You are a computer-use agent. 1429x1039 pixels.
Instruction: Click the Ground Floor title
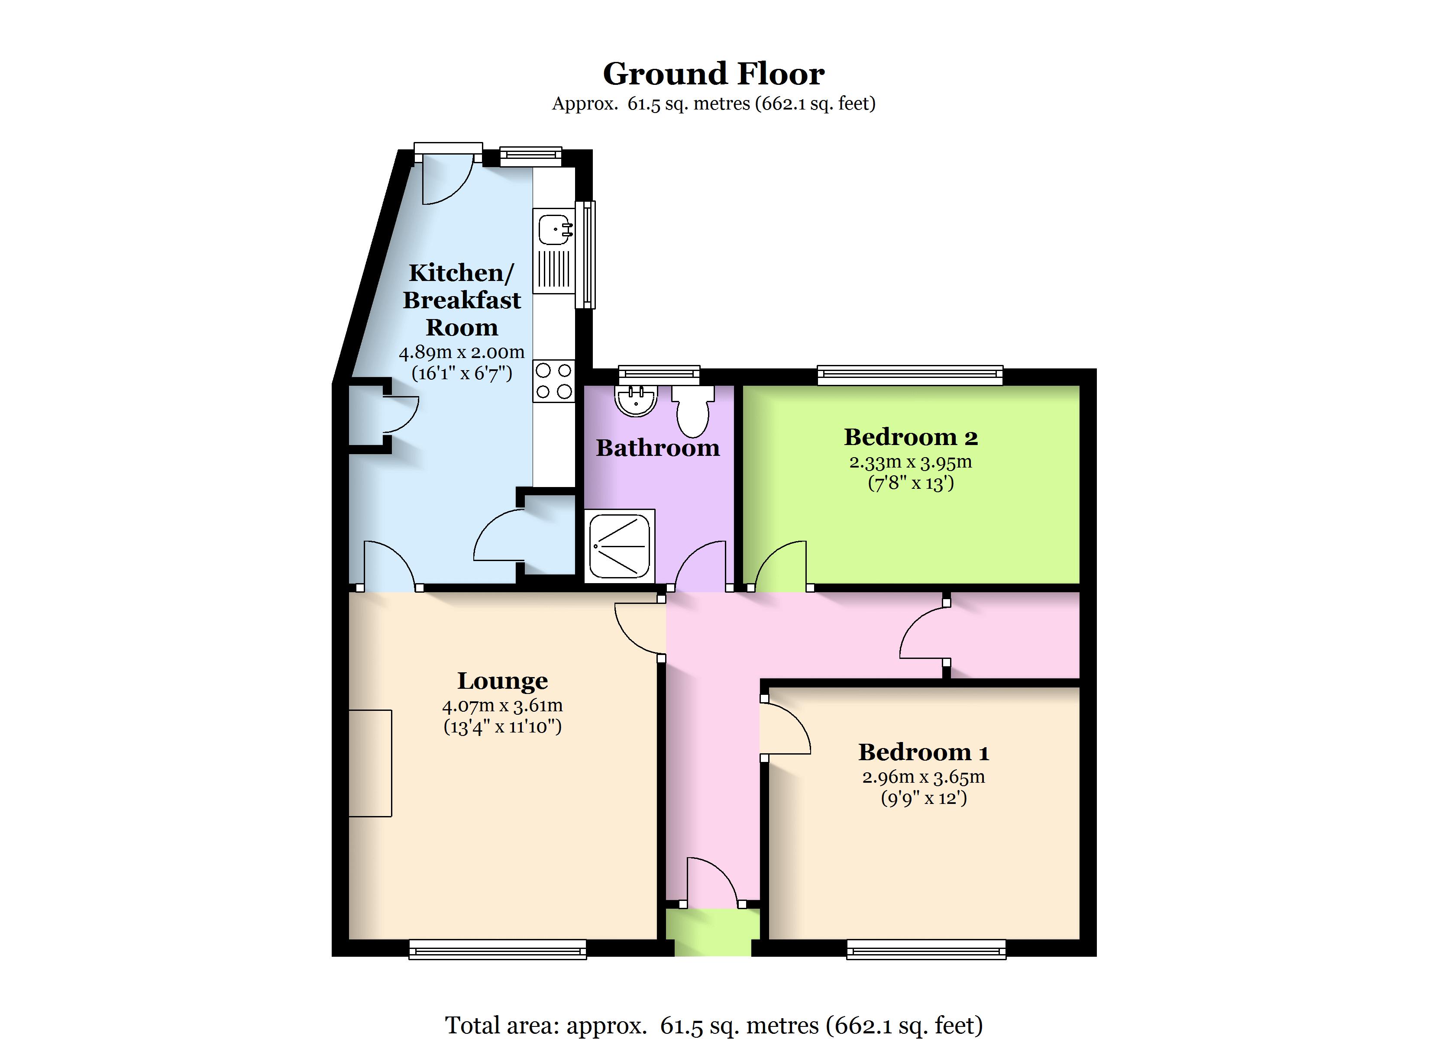pos(714,74)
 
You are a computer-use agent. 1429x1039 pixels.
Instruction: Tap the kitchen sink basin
pos(554,229)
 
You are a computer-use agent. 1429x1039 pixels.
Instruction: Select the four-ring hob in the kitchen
pos(554,381)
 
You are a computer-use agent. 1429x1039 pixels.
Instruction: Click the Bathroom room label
pos(658,448)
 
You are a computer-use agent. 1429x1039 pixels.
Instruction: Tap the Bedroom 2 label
pos(911,437)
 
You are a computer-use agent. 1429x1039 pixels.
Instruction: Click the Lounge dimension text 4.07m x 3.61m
pos(502,705)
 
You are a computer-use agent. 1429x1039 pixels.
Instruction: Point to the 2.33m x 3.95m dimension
pos(911,462)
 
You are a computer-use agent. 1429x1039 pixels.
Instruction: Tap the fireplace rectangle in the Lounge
pos(371,763)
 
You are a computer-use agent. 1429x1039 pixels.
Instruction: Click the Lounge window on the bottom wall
pos(498,949)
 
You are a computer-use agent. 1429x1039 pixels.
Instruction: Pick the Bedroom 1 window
pos(926,949)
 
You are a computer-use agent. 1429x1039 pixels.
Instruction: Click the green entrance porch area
pos(713,932)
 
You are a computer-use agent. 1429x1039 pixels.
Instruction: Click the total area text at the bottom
pos(714,1025)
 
